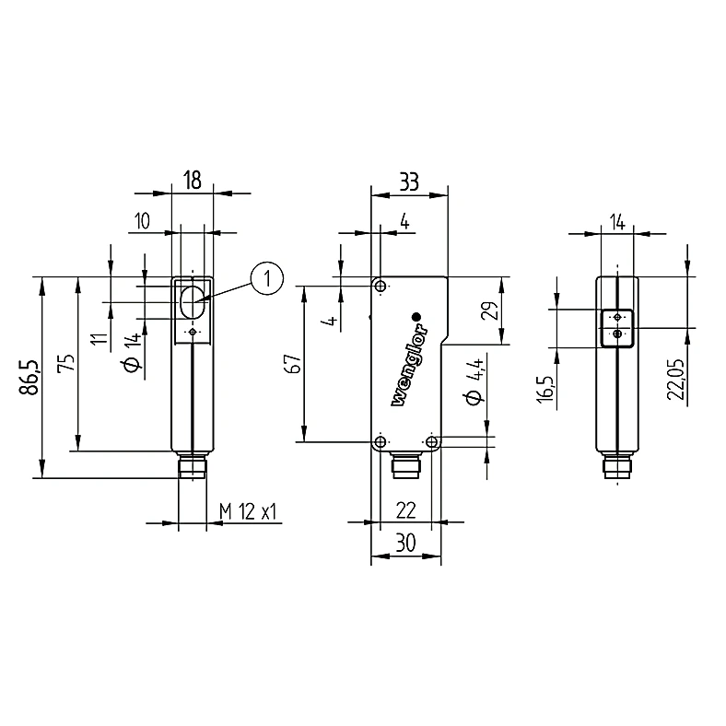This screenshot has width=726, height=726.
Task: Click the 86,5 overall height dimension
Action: pos(29,377)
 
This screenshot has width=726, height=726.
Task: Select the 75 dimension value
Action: pos(67,362)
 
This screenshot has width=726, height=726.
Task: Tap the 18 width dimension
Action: pos(193,180)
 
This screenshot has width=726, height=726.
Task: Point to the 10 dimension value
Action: pos(142,221)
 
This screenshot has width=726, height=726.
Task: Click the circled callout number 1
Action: pos(266,279)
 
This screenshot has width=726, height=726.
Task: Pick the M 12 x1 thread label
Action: pos(248,512)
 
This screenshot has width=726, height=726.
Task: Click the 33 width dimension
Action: pos(409,182)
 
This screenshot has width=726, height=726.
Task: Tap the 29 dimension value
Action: pos(491,310)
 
